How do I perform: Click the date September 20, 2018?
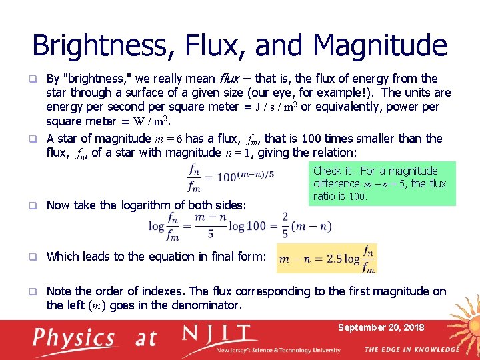(381, 327)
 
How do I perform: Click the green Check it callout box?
(383, 183)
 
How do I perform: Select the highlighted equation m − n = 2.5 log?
(327, 258)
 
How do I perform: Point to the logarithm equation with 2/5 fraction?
(241, 225)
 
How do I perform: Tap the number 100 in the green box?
(358, 197)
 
